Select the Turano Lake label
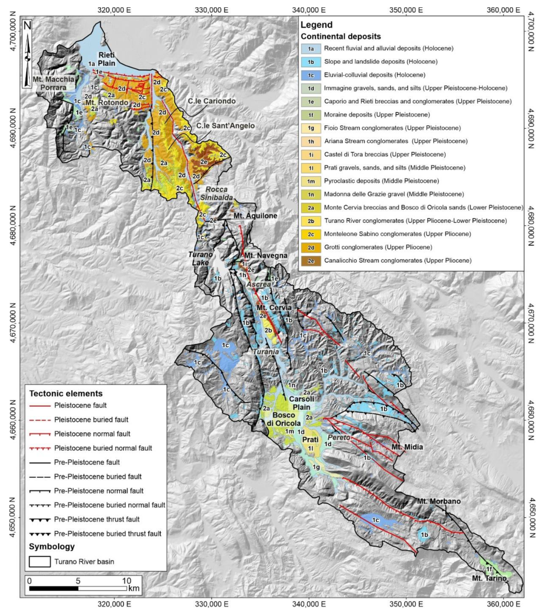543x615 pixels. tap(200, 258)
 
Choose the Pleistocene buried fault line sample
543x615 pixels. tap(40, 420)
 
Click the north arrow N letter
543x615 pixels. tap(27, 26)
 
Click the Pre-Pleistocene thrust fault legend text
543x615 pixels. tap(97, 519)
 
